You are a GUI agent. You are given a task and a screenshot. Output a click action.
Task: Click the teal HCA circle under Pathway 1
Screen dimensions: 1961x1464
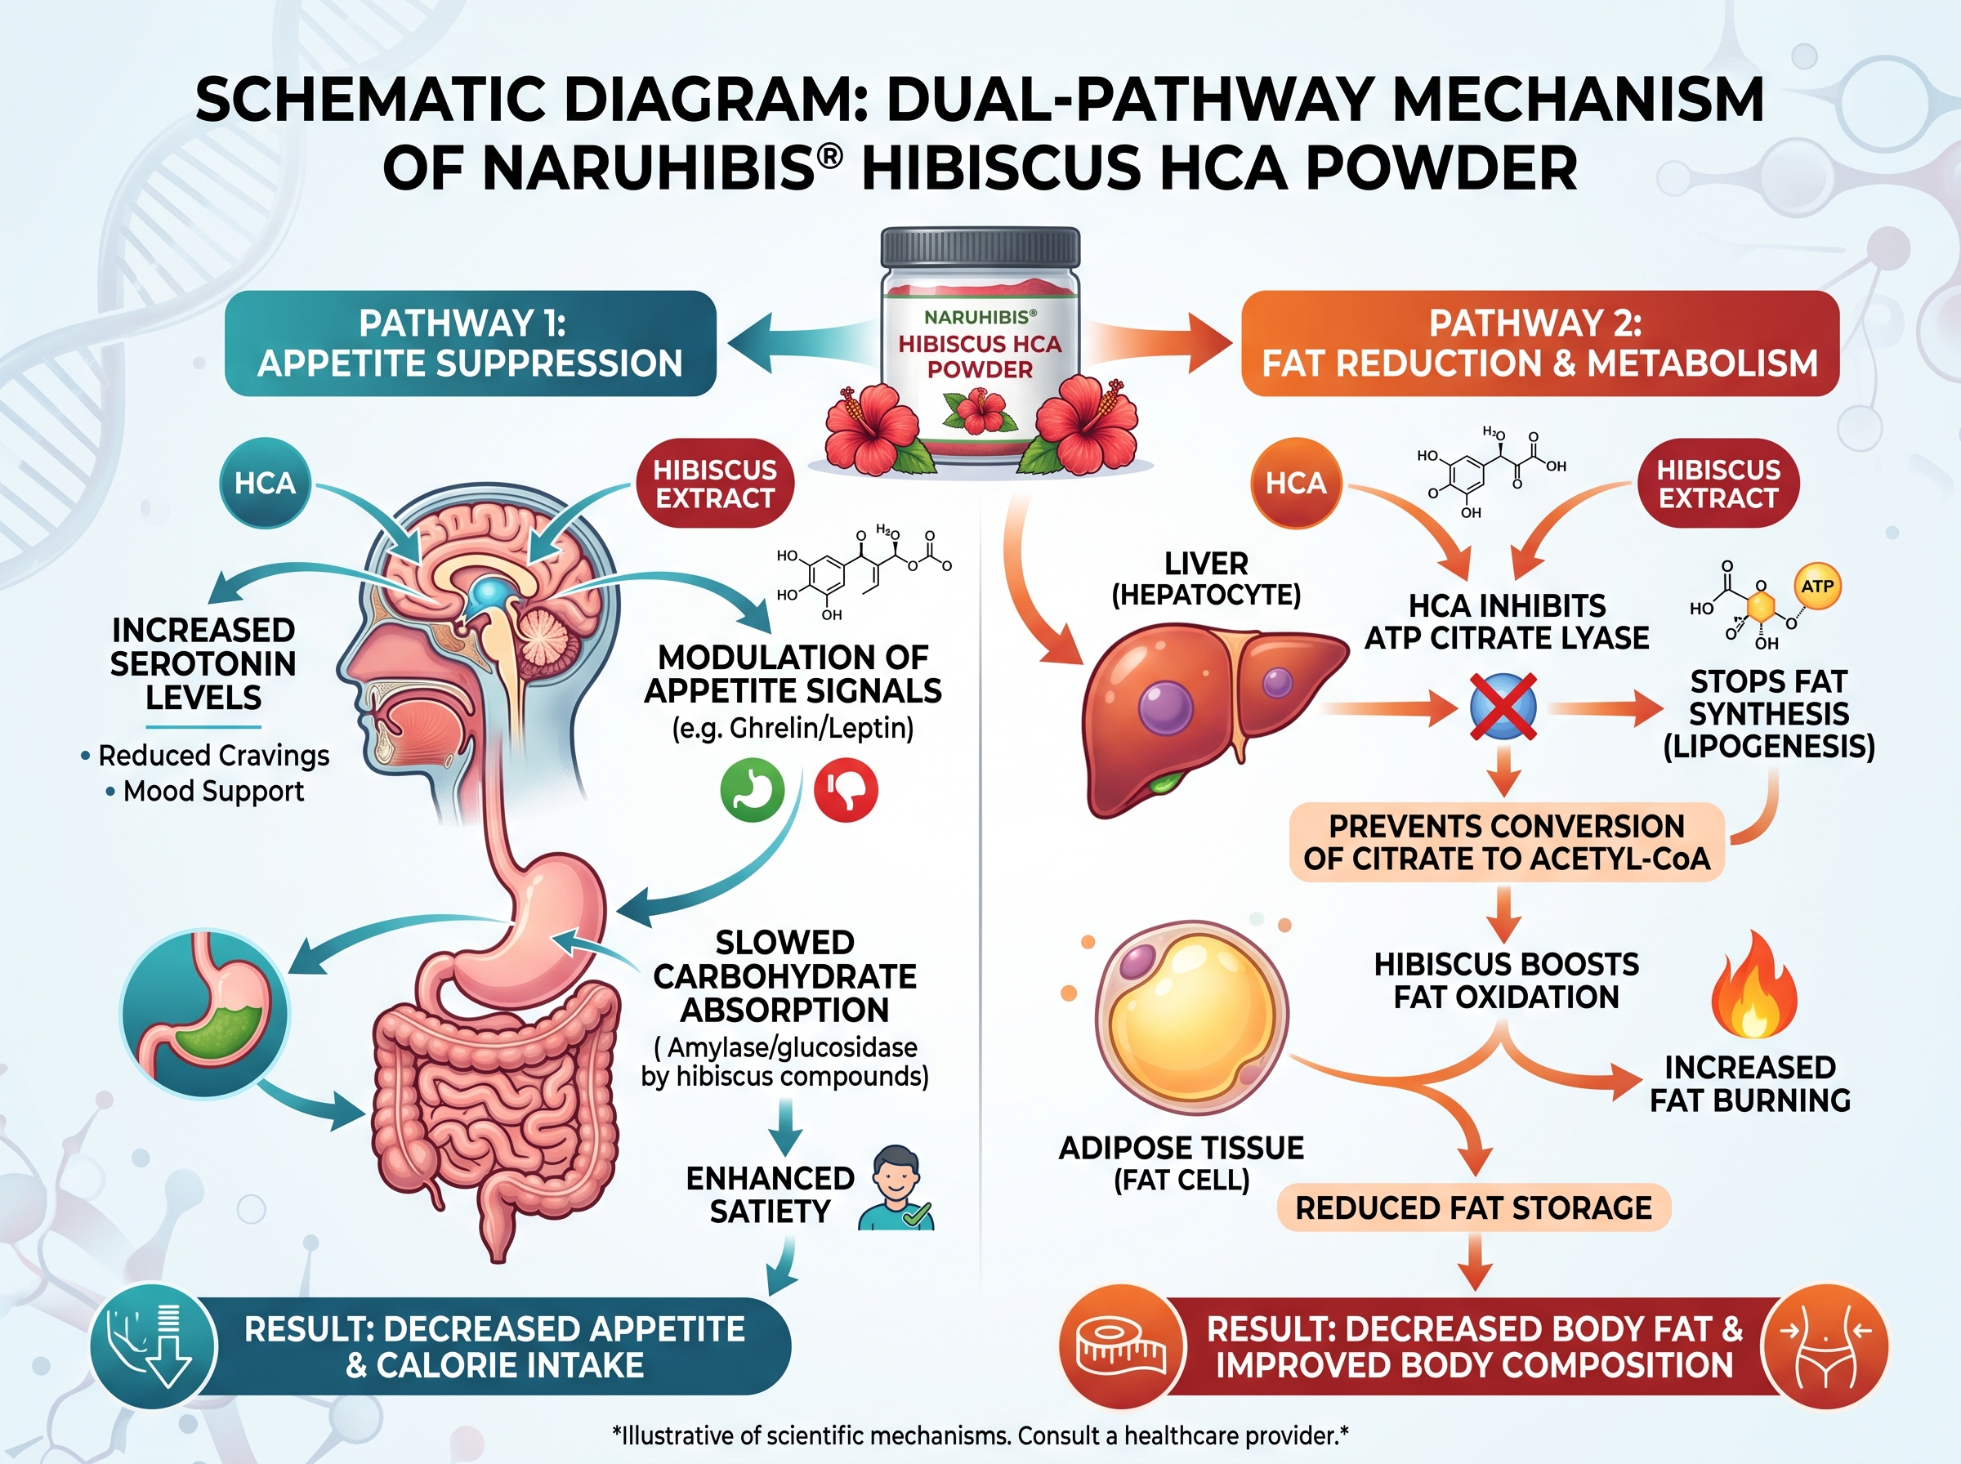[x=265, y=483]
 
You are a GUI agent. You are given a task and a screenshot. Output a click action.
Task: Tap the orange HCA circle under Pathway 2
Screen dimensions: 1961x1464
[x=1296, y=483]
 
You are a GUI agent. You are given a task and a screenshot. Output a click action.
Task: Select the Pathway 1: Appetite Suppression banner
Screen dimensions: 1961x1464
[x=471, y=343]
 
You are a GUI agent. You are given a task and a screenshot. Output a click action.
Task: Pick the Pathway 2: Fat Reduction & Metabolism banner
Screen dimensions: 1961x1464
[x=1540, y=343]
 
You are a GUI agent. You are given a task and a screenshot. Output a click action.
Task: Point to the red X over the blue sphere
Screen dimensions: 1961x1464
[x=1503, y=707]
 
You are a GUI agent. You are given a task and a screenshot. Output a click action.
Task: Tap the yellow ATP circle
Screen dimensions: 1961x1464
[x=1816, y=586]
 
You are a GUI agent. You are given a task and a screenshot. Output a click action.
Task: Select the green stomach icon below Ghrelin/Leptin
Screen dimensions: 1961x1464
[x=753, y=790]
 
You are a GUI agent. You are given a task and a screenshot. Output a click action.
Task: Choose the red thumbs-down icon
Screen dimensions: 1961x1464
[x=846, y=790]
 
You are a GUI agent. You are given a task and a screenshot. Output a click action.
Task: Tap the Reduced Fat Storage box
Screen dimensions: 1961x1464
[x=1474, y=1207]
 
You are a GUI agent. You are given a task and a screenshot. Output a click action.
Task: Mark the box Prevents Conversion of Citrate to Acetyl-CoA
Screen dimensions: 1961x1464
[x=1507, y=842]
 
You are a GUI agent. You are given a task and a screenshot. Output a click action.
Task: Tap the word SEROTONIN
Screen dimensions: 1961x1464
[x=203, y=663]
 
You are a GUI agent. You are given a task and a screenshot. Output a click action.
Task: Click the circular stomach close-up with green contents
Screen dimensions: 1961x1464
[x=205, y=1014]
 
